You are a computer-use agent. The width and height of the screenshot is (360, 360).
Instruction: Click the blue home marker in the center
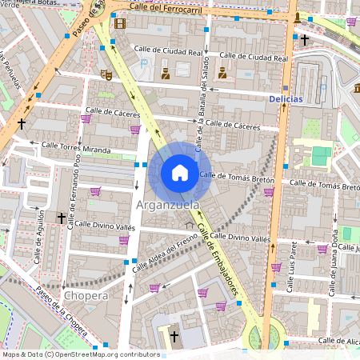[x=180, y=173]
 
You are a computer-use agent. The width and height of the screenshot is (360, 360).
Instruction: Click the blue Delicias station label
[x=285, y=98]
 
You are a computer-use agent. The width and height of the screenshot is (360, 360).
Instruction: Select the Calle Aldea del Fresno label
[x=165, y=249]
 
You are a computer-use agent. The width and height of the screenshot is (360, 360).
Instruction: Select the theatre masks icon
[x=105, y=74]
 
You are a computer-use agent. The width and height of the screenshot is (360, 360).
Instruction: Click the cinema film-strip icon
[x=120, y=23]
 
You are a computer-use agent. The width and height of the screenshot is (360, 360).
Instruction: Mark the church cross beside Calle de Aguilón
[x=61, y=218]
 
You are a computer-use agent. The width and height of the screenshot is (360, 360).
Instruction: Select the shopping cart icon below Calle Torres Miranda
[x=95, y=191]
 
